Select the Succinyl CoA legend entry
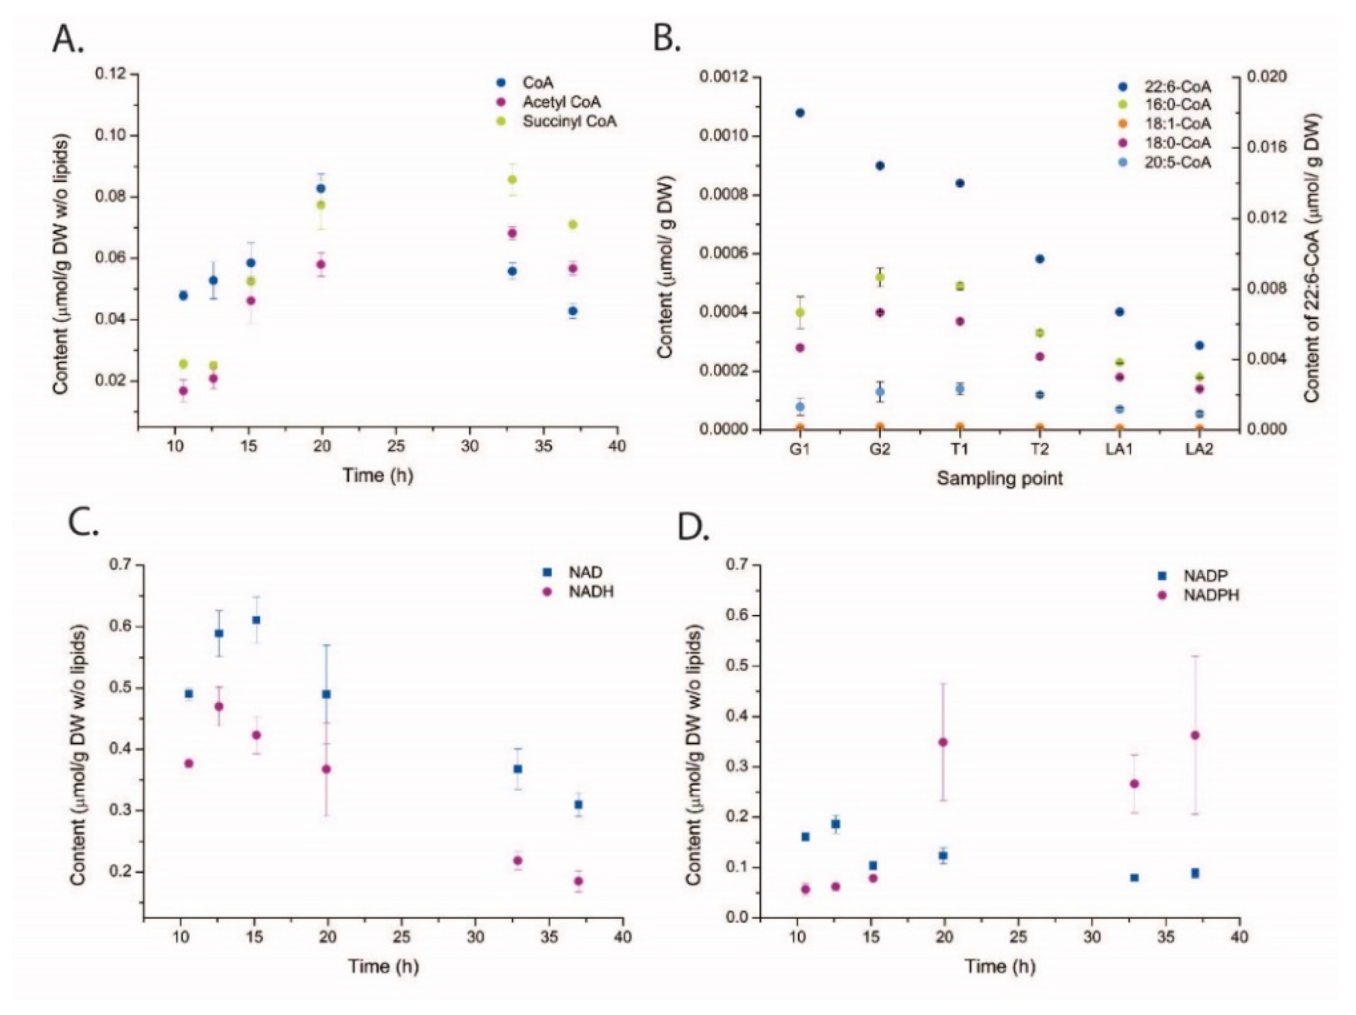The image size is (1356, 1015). click(x=569, y=121)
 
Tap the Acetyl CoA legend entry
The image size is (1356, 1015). click(x=561, y=102)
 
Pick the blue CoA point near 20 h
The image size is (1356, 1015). click(x=320, y=188)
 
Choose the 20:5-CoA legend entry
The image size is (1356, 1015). click(x=1180, y=163)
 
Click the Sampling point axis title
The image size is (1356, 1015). click(x=999, y=479)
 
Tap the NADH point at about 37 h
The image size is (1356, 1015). click(x=578, y=881)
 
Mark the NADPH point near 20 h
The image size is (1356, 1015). click(x=943, y=742)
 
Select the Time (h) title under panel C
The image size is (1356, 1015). click(x=384, y=967)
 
